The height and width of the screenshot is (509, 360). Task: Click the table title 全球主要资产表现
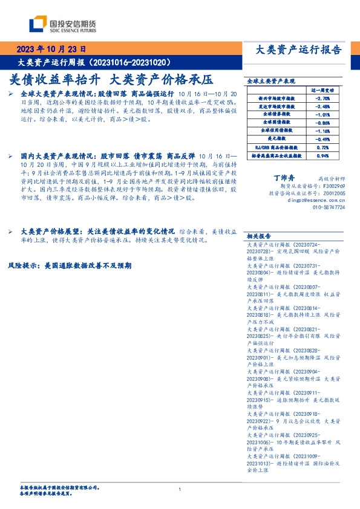point(270,80)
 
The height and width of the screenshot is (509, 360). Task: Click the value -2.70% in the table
point(323,97)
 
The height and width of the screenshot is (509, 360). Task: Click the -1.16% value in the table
point(323,130)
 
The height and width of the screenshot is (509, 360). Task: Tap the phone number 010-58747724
point(329,207)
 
